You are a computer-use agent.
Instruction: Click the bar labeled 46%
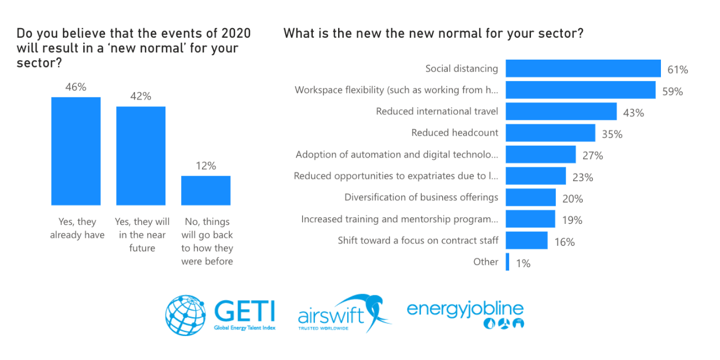coord(76,151)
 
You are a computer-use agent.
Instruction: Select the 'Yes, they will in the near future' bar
coord(141,155)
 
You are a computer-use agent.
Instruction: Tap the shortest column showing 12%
coord(205,190)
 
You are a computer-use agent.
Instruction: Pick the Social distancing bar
coord(583,69)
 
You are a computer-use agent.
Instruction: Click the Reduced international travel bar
coord(561,111)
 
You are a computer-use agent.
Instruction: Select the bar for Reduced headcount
coord(550,133)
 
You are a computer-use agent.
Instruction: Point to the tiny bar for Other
coord(507,262)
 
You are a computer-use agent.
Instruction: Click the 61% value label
coord(678,70)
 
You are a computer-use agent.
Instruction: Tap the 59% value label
coord(672,91)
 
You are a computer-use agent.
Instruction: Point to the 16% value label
coord(564,242)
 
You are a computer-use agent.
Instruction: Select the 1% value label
coord(523,263)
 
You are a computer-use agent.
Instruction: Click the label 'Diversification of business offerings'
coord(421,197)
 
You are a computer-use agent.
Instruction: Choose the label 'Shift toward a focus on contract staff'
coord(418,241)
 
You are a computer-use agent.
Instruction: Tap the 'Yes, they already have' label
coord(77,228)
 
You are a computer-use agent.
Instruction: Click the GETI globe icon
coord(186,314)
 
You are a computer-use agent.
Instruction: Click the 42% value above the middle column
coord(141,96)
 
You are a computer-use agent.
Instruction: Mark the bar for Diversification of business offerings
coord(530,197)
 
